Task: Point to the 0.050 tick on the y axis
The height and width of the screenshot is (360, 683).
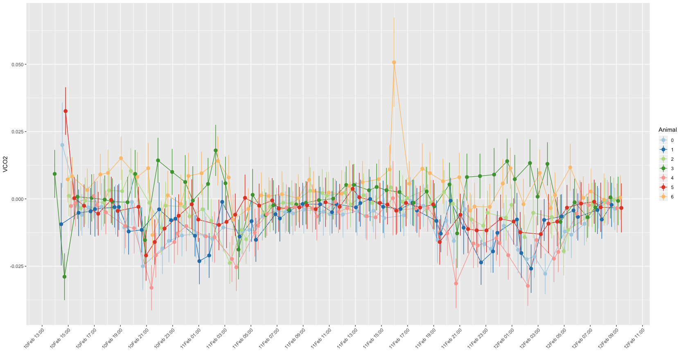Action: (x=19, y=65)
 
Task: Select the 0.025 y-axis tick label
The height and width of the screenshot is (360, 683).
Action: (x=19, y=132)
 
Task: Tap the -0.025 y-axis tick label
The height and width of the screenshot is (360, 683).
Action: (x=18, y=266)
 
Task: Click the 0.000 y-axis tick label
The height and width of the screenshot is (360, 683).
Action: (x=19, y=199)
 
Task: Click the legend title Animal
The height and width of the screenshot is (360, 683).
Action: (x=667, y=130)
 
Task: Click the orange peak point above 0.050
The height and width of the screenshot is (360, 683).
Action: (x=394, y=63)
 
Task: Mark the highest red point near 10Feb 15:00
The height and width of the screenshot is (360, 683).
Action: (x=65, y=111)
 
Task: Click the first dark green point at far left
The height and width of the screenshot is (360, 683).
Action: (x=54, y=174)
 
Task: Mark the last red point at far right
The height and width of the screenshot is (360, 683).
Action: (x=621, y=208)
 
